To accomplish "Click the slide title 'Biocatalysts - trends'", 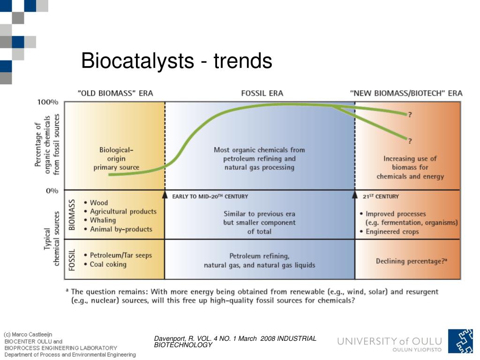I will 176,61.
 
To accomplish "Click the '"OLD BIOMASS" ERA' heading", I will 115,93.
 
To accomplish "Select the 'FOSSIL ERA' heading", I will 262,93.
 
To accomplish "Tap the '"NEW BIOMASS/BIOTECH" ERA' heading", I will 406,93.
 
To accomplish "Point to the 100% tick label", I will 47,102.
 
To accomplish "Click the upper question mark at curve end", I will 410,114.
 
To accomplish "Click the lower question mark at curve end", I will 410,140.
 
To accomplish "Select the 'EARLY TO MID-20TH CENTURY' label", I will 210,196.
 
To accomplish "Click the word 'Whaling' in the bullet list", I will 103,220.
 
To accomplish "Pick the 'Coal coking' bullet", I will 108,264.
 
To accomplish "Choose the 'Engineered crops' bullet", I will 392,232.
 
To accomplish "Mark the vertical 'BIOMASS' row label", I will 72,214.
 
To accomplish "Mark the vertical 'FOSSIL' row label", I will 72,259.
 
